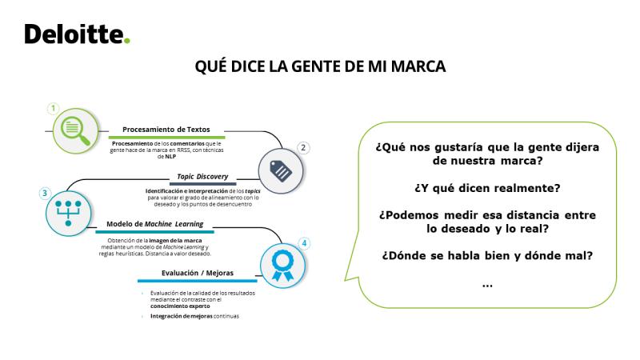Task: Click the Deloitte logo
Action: [77, 34]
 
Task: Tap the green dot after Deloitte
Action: [127, 41]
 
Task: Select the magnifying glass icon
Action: [75, 130]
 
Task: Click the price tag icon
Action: [281, 170]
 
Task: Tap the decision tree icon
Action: [68, 213]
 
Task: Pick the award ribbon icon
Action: [282, 266]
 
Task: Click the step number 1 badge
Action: [53, 109]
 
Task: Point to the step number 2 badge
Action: [303, 148]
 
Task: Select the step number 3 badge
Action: [45, 193]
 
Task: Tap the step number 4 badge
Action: [304, 243]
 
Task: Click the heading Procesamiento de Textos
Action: [166, 130]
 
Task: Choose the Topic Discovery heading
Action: [202, 176]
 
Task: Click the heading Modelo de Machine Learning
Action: [154, 224]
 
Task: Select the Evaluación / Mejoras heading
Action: [198, 273]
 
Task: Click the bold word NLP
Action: [170, 156]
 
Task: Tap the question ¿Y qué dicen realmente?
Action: [487, 188]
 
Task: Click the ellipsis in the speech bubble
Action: [487, 286]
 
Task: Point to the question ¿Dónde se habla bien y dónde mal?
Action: [487, 256]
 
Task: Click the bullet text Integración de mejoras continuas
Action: [194, 316]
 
